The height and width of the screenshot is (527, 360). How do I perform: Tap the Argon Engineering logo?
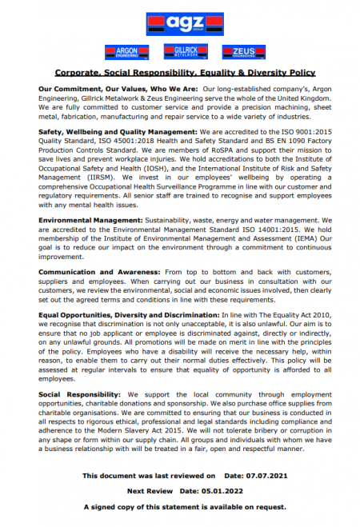coord(122,53)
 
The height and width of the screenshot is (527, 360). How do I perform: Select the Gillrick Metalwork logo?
coord(180,53)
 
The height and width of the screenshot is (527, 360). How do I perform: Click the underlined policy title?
coord(180,73)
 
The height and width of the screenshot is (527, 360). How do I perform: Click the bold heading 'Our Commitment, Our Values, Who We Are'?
coord(118,87)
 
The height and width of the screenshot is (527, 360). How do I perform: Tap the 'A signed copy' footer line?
coord(180,507)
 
